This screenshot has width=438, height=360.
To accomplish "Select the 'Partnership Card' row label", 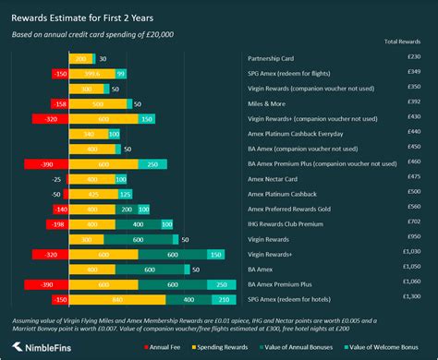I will pyautogui.click(x=276, y=59).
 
